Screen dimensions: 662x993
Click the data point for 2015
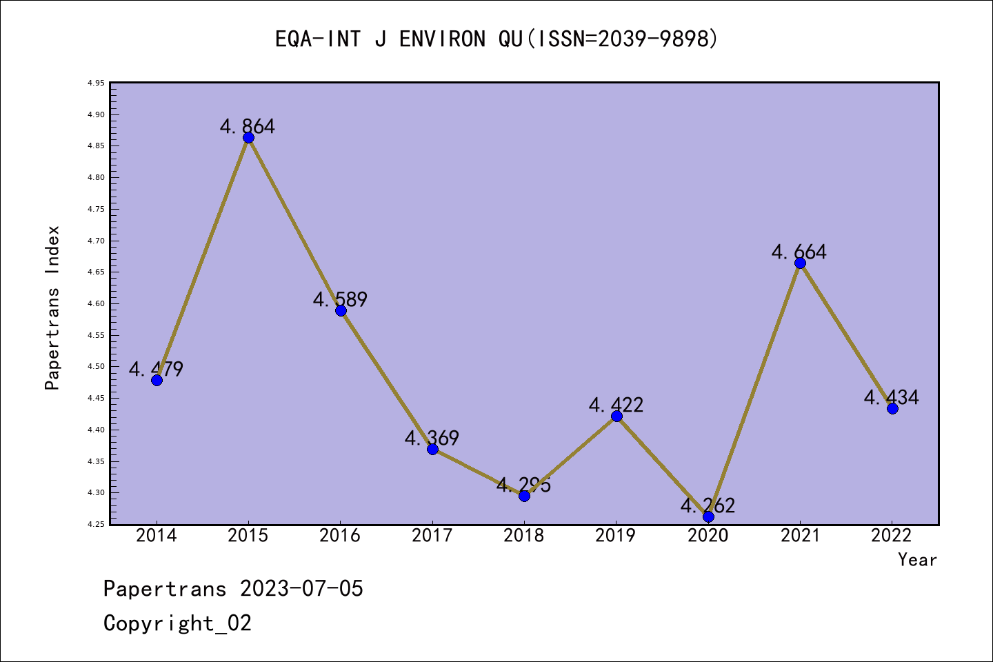tap(248, 137)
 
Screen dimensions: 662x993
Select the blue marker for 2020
tap(708, 517)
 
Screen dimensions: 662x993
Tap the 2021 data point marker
tap(800, 263)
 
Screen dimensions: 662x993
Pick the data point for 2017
tap(432, 449)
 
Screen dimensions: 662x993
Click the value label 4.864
tap(248, 126)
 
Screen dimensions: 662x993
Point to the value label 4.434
tap(892, 397)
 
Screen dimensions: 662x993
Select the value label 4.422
tap(616, 405)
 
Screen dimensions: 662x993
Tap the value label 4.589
tap(340, 299)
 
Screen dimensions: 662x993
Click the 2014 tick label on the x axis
tap(157, 536)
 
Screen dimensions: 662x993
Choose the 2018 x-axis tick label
tap(524, 536)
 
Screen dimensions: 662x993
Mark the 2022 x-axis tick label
tap(892, 536)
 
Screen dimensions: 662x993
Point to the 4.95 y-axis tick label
tap(96, 83)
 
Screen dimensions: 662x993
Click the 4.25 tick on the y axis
tap(96, 525)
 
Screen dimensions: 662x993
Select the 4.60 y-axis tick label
tap(96, 304)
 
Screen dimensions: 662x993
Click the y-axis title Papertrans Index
tap(52, 308)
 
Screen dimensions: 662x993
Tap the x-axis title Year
tap(917, 559)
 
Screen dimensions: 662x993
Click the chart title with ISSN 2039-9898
tap(496, 39)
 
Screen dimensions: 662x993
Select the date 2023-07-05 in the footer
tap(301, 588)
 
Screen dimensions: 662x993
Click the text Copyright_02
tap(177, 623)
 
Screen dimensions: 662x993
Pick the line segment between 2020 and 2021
tap(754, 390)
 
